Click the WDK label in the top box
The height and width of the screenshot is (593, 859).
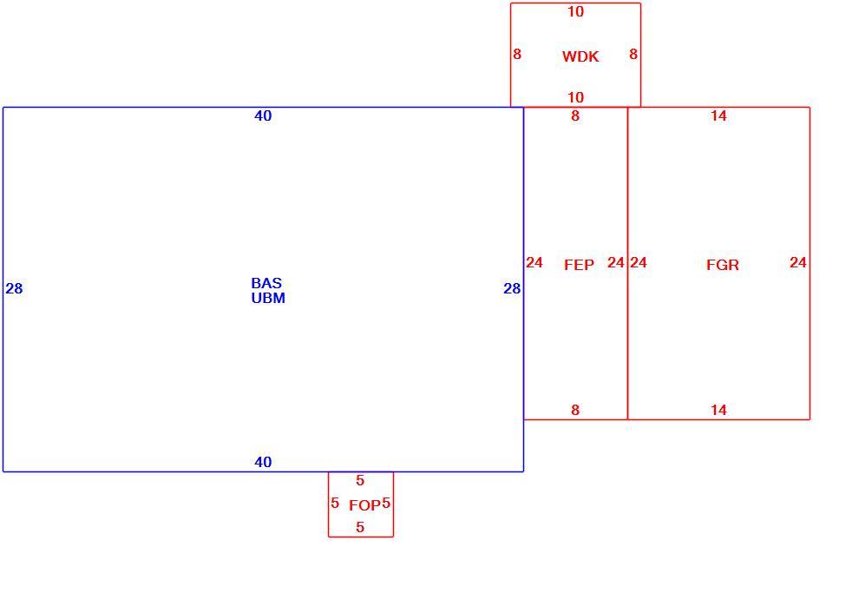[580, 56]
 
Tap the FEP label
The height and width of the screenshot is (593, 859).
[579, 266]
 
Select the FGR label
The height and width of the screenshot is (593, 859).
[723, 266]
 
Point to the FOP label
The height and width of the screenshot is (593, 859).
[364, 505]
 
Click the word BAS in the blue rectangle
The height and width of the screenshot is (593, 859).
[266, 283]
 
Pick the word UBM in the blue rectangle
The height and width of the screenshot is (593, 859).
[268, 298]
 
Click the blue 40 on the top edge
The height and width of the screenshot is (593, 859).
[263, 115]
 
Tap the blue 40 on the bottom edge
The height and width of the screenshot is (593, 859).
[263, 462]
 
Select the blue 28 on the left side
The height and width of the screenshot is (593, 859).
[14, 288]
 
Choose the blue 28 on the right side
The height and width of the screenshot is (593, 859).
[512, 288]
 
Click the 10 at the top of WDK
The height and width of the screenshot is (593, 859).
[575, 11]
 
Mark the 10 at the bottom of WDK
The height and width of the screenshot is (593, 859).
[575, 97]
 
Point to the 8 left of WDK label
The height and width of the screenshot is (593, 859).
[517, 54]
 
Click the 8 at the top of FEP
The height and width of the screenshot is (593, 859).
[574, 115]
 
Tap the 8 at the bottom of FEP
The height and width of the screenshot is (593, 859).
[574, 410]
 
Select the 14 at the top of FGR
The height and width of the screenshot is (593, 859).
[718, 115]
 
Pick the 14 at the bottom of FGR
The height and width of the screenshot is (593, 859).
[718, 410]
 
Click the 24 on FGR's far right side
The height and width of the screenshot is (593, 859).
[797, 262]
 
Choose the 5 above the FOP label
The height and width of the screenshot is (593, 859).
[360, 481]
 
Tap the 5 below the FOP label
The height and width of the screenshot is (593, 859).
[360, 527]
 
